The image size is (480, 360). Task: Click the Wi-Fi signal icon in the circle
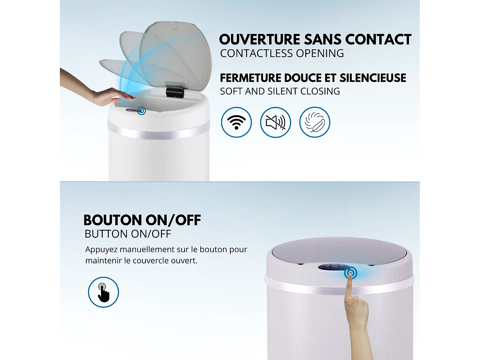coord(236,122)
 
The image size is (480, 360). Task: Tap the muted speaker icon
coord(275,122)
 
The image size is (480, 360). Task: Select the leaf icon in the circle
coord(315,122)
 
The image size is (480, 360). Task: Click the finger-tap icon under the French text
coord(103,292)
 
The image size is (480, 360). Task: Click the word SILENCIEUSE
coord(372,78)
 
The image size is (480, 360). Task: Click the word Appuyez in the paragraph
coord(101,250)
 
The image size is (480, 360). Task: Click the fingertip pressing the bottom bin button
coord(350,275)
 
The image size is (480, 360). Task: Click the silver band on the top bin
coord(158,132)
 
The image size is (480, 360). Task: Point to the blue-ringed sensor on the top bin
coord(141,111)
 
